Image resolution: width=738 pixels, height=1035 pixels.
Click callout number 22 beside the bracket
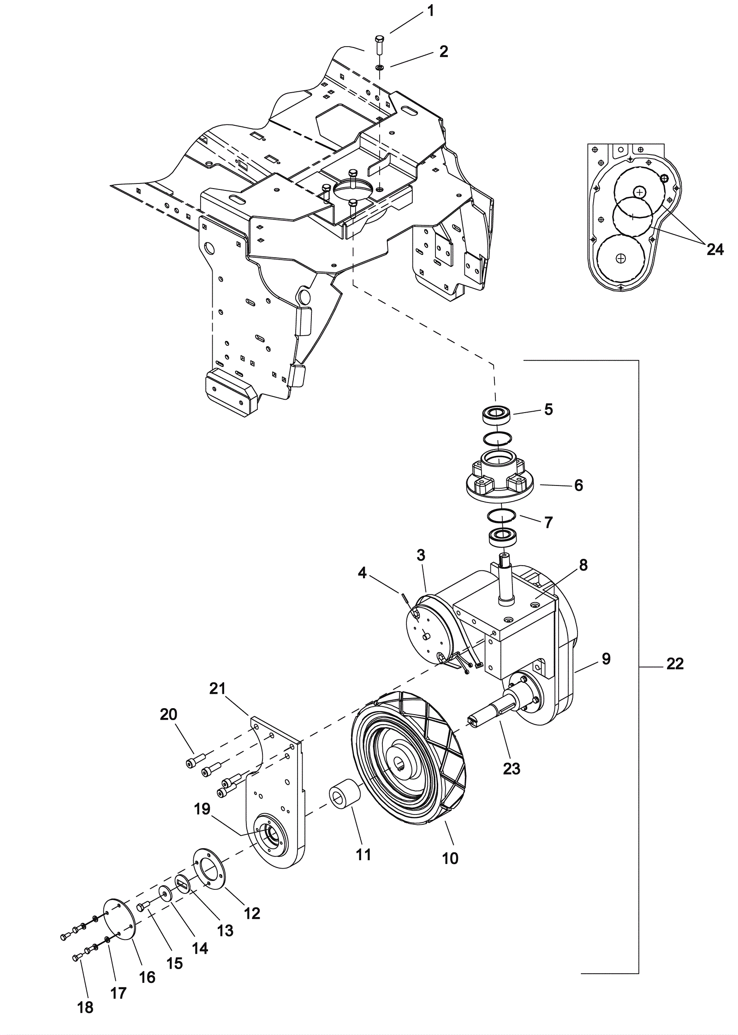pos(675,663)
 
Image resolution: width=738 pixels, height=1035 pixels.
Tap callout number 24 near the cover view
pos(715,249)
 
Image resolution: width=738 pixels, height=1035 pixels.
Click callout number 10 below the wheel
pos(450,858)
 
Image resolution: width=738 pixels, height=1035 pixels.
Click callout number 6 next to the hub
pos(578,485)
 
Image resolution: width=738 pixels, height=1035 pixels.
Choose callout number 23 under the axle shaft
pos(512,768)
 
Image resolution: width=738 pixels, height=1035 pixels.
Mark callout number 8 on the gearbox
pos(583,565)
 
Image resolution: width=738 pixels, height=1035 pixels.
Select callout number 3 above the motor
pos(421,555)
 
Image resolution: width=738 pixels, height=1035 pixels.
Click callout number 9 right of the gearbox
pos(606,659)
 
